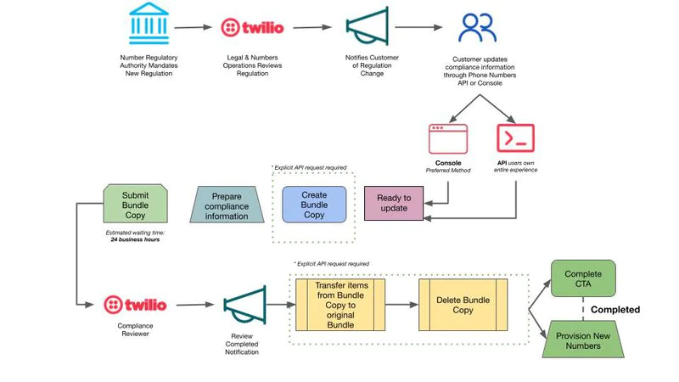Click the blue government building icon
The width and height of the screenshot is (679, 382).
(149, 24)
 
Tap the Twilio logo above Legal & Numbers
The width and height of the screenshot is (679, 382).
(252, 28)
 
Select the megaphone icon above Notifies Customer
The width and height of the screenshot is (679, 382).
(368, 26)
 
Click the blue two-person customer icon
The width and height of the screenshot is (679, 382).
(477, 27)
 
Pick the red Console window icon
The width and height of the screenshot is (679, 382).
(448, 139)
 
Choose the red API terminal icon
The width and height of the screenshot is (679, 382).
(515, 138)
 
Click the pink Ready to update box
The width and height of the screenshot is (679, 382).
(394, 203)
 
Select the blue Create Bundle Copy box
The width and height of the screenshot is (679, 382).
(314, 205)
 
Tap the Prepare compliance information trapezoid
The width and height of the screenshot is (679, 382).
(227, 205)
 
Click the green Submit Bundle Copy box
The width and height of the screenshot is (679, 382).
(135, 204)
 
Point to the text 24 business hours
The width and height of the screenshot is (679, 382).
(135, 239)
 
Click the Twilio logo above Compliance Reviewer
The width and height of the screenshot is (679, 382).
(135, 305)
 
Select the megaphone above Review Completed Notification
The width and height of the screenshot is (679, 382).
(245, 305)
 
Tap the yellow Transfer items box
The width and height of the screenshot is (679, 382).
(340, 305)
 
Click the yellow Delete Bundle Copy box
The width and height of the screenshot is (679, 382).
(463, 305)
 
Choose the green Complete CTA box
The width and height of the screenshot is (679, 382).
(583, 278)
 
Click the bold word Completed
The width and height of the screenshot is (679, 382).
(614, 310)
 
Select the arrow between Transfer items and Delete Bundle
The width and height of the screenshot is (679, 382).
(401, 305)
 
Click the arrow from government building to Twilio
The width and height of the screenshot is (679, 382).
(194, 27)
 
